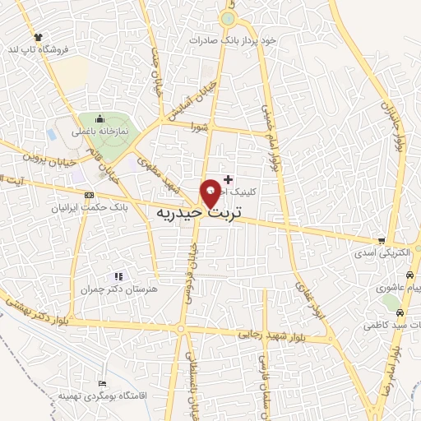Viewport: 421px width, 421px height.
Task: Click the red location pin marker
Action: pos(210,192)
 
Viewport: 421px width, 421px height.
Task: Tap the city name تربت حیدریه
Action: pos(198,213)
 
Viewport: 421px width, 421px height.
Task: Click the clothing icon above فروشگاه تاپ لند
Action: pos(37,37)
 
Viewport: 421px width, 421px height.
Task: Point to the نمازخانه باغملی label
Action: pos(99,129)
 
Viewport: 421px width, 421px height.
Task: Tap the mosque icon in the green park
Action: pos(99,118)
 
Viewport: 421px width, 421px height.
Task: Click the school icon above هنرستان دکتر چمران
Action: pos(118,277)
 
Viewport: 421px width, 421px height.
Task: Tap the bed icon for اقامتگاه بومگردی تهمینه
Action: pos(102,384)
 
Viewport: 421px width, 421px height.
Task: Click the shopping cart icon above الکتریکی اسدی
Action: pos(380,241)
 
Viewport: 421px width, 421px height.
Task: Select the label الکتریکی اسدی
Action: pos(379,253)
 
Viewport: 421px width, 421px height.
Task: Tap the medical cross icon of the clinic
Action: pos(228,178)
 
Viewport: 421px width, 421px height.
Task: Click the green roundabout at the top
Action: pos(228,18)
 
